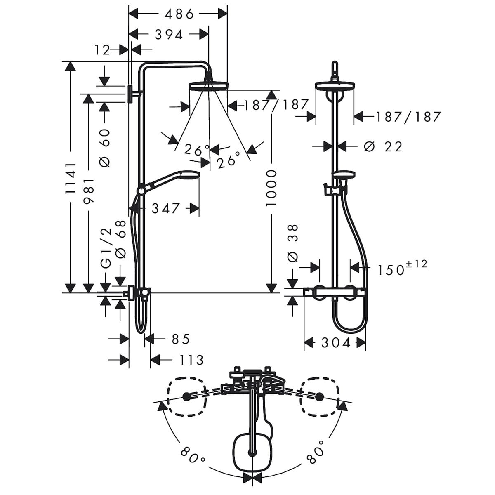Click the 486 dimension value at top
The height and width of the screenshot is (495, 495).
(x=179, y=14)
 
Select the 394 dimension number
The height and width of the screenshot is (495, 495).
(x=169, y=35)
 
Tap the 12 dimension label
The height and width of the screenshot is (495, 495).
(x=102, y=50)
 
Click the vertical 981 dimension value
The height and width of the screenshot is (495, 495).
(x=89, y=191)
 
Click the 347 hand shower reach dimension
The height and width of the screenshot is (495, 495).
(x=165, y=208)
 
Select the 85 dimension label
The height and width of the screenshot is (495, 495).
(x=181, y=339)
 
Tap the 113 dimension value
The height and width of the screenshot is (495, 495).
(x=191, y=360)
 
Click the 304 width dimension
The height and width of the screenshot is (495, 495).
(x=336, y=343)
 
